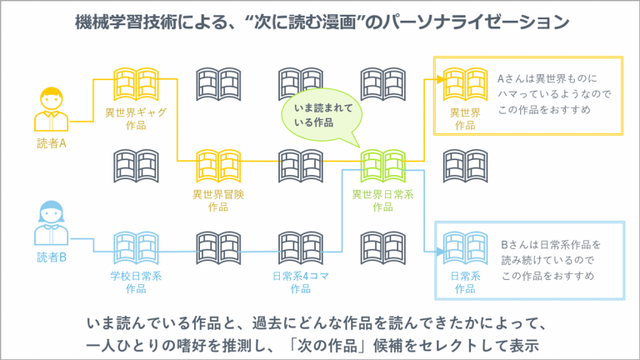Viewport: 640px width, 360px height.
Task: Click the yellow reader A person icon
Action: (x=51, y=109)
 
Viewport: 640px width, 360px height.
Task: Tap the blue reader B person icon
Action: (x=51, y=222)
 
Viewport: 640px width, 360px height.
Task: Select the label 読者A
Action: (x=52, y=143)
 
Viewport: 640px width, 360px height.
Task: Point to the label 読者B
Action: (x=52, y=257)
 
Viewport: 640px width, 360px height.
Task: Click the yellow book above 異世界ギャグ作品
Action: (x=136, y=84)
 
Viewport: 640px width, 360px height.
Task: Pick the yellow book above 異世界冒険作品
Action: (x=218, y=166)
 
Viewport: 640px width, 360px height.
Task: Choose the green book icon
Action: (x=382, y=166)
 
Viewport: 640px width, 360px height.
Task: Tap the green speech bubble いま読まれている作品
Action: (x=322, y=116)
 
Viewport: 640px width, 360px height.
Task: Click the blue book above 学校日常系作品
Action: (x=136, y=247)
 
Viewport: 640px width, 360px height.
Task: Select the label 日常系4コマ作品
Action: (x=300, y=282)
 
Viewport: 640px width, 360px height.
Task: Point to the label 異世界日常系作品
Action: (x=382, y=201)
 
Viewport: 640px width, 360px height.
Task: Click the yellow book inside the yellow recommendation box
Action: (x=465, y=84)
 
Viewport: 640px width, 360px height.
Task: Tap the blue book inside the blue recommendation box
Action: (x=465, y=247)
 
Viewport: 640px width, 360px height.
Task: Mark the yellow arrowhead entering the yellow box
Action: (x=440, y=80)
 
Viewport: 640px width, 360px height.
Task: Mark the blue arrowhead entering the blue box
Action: (x=440, y=252)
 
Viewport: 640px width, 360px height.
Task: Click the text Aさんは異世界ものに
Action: (x=547, y=78)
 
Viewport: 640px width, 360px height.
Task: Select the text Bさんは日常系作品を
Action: (x=551, y=244)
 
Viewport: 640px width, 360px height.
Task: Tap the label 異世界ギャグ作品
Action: (x=136, y=119)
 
